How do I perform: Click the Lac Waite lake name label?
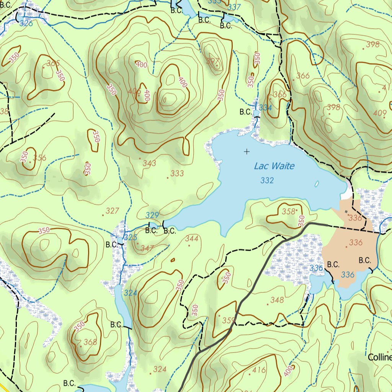coord(274,166)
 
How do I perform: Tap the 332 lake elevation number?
coord(267,180)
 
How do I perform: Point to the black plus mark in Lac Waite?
coord(247,152)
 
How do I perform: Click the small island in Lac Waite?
coord(317,184)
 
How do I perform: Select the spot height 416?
coord(259,370)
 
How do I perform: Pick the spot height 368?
coord(90,342)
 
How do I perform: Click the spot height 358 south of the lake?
coord(289,211)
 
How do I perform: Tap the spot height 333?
coord(177,173)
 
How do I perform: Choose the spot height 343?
coord(149,163)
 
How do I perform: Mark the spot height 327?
coord(113,211)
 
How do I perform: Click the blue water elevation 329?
coord(152,215)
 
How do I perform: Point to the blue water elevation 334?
coord(265,108)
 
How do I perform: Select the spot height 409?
coord(379,113)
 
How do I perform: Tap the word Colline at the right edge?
coord(380,358)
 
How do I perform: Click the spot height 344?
coord(192,239)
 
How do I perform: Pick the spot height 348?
coord(277,300)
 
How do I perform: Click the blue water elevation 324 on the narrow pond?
coord(131,293)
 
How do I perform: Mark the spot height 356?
coord(39,158)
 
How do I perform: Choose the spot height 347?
coord(147,248)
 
